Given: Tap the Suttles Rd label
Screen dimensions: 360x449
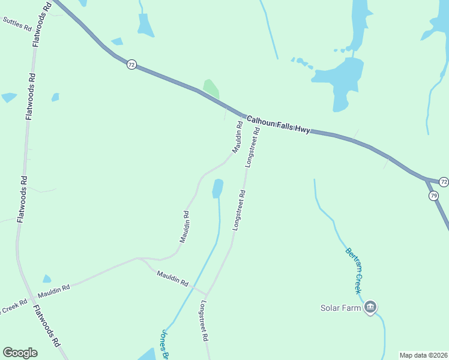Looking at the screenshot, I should (17, 24).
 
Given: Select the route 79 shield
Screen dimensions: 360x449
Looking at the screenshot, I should (433, 196).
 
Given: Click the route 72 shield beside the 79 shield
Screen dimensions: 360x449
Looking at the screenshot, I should (444, 182).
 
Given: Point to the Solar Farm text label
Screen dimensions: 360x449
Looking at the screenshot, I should (340, 308).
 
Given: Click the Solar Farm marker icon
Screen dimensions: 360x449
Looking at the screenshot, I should (370, 308).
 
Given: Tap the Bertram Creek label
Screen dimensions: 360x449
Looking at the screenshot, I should (354, 269).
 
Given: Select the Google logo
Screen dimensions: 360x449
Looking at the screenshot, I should (20, 353).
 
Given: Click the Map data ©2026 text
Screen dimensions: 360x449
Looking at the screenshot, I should (423, 355).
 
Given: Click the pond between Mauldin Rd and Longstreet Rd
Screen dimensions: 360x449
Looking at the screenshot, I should (217, 188).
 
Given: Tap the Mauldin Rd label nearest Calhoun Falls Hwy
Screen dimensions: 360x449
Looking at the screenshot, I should (237, 137).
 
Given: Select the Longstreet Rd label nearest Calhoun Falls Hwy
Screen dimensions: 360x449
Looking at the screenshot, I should (253, 147).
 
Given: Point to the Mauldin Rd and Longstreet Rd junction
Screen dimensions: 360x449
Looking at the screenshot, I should (207, 293).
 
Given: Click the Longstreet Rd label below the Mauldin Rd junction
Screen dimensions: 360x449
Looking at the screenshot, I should (203, 320).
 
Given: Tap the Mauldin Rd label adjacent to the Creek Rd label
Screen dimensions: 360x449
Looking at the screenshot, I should (54, 292).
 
